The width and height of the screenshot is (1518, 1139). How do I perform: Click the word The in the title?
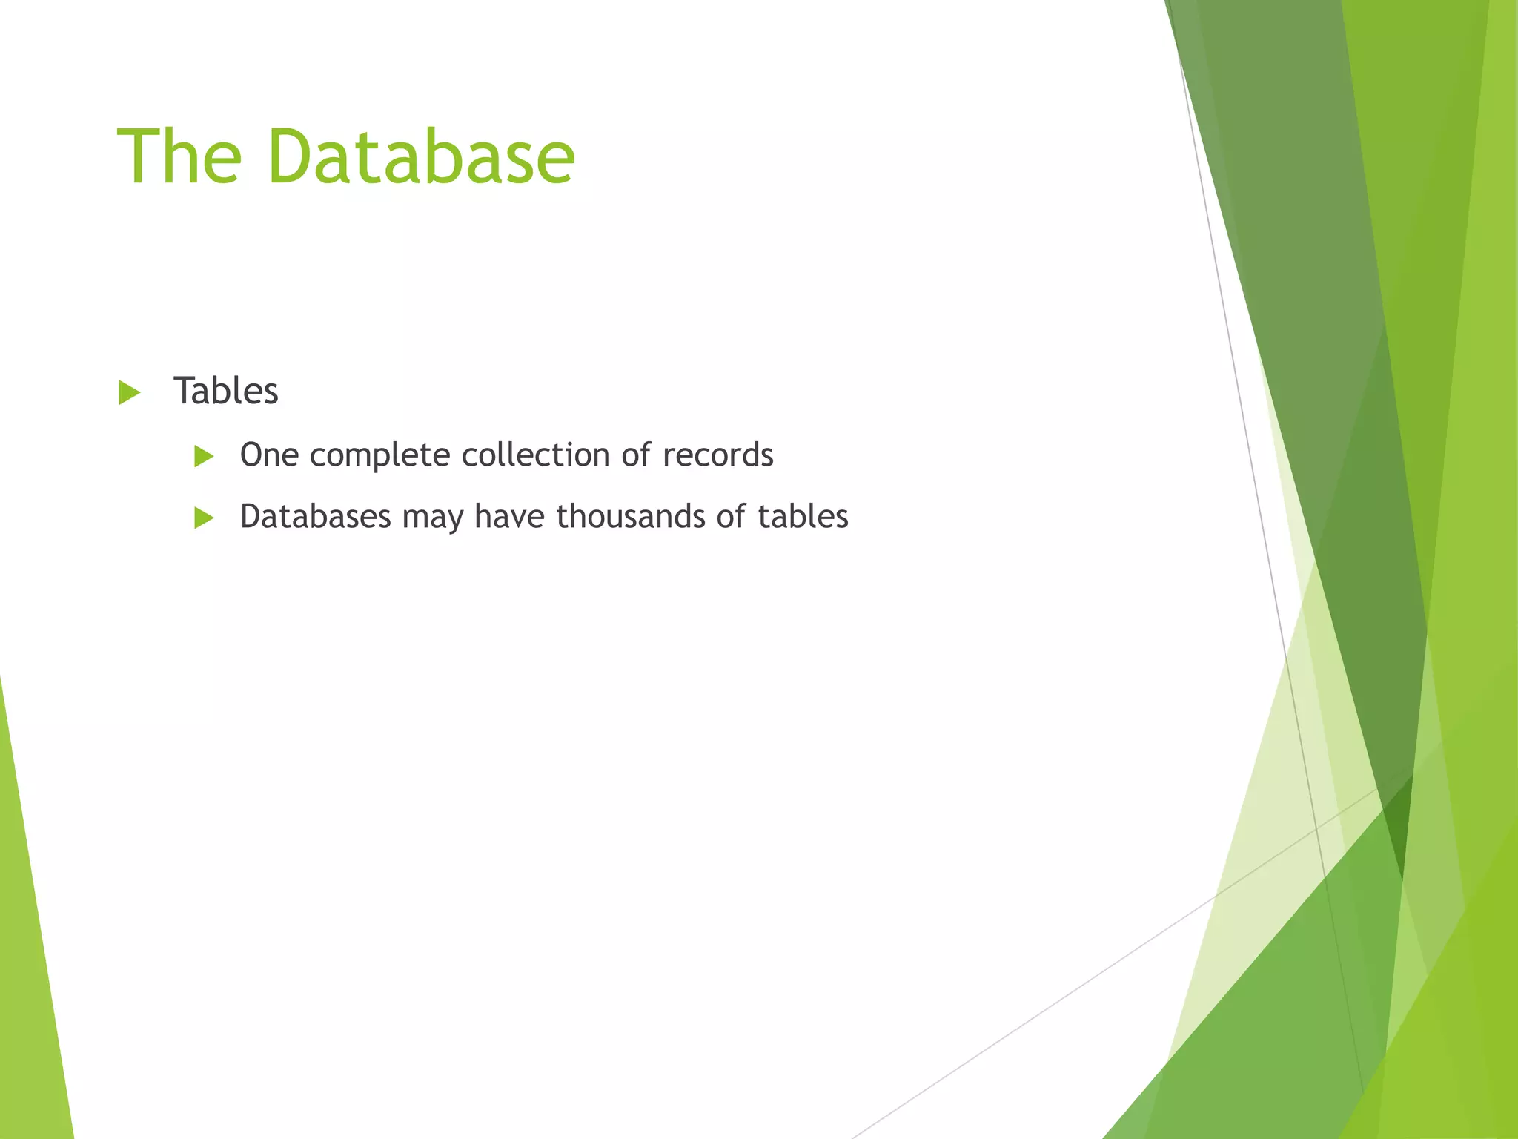coord(179,157)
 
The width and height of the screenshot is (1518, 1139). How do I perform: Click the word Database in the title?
coord(421,157)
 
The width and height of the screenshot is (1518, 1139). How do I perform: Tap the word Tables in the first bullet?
coord(225,391)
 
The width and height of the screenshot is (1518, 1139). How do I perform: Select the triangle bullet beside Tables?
coord(129,392)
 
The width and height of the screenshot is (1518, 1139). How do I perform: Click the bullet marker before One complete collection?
coord(204,456)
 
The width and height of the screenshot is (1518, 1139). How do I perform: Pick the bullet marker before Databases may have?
coord(204,518)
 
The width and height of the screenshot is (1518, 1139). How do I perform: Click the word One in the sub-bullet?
coord(269,455)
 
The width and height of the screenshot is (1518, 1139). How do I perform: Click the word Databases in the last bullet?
coord(315,517)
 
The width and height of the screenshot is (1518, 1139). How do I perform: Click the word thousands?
coord(630,517)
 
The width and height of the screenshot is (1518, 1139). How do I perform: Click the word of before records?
coord(636,455)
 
